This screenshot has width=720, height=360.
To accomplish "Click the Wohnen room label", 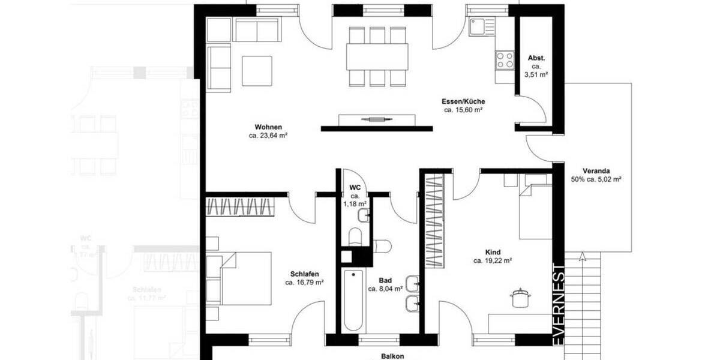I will coord(268,127).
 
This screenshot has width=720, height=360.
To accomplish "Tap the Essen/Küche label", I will coord(464,101).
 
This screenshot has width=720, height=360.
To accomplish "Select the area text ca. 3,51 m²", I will coord(536,74).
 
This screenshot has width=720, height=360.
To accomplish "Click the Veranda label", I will coord(596,169).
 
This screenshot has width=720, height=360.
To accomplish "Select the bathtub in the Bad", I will coord(353,300).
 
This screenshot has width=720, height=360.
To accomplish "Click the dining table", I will coord(377,56).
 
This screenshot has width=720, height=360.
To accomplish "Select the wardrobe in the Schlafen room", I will coord(241,206).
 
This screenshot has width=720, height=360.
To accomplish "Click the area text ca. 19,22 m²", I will coord(492,261).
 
